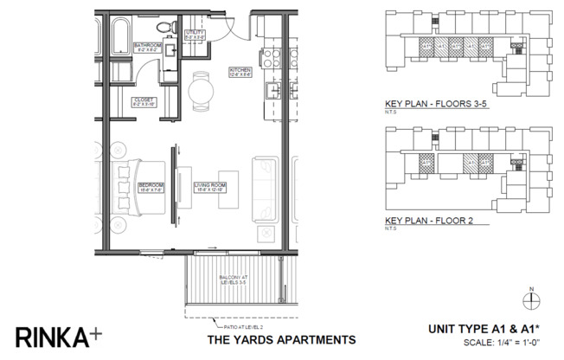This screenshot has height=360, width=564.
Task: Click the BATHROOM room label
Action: pyautogui.click(x=146, y=47)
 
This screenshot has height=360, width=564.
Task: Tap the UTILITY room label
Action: pyautogui.click(x=195, y=35)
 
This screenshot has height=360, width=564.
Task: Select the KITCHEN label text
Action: pyautogui.click(x=240, y=71)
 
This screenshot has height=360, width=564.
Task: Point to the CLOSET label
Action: pyautogui.click(x=144, y=101)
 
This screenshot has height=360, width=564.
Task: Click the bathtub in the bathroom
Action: pyautogui.click(x=120, y=35)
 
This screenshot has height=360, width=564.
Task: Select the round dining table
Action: pyautogui.click(x=200, y=89)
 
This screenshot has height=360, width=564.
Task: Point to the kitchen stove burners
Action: pyautogui.click(x=271, y=57)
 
